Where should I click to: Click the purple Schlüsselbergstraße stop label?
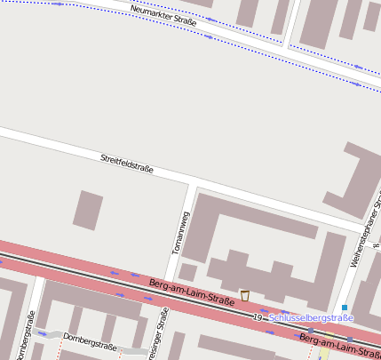tap(311, 317)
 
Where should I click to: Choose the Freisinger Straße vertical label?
tap(163, 332)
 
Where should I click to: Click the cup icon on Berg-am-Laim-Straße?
tap(244, 296)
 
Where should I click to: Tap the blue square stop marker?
tap(345, 308)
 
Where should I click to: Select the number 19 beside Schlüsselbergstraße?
tap(258, 316)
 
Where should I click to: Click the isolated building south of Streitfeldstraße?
tap(87, 210)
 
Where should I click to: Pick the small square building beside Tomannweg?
tap(187, 272)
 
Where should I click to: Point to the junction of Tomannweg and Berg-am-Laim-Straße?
tap(169, 282)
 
